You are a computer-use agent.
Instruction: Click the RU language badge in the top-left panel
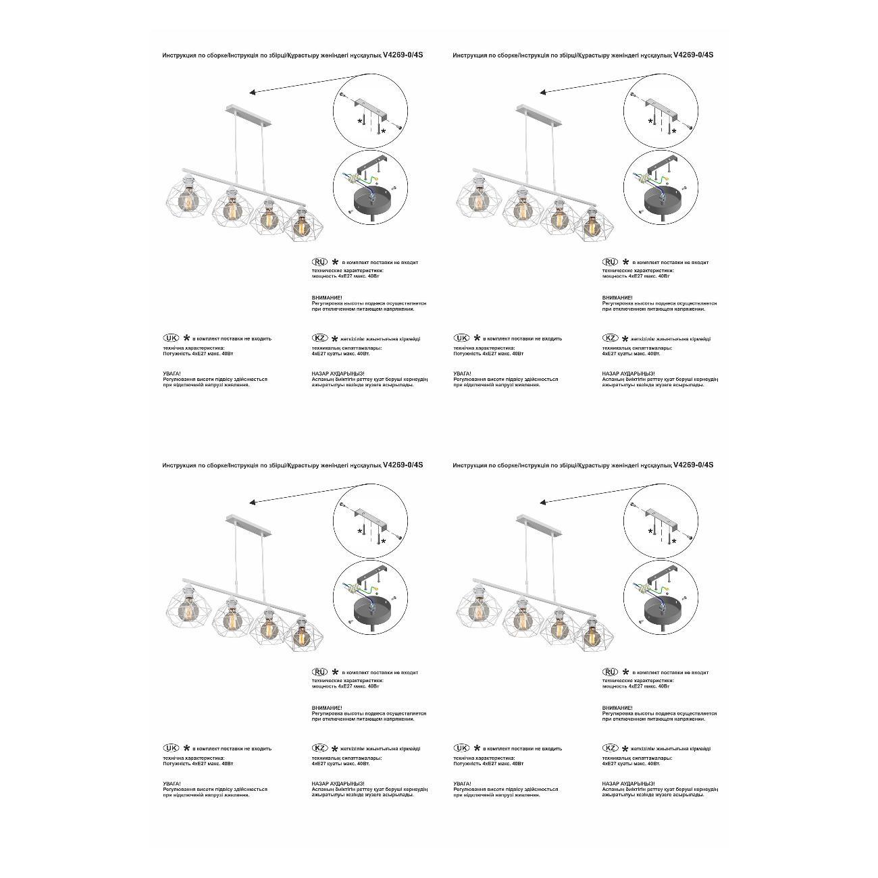coord(319,261)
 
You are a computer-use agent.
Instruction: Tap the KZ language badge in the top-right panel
coord(610,338)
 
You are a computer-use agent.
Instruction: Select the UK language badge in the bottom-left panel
coord(171,748)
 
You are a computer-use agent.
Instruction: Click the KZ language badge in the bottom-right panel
coord(610,748)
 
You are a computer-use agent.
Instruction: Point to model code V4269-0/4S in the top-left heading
coord(403,55)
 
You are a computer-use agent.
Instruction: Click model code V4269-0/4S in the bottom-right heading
coord(693,465)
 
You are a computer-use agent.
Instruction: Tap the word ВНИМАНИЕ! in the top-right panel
coord(617,297)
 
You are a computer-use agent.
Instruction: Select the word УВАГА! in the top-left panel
coord(172,373)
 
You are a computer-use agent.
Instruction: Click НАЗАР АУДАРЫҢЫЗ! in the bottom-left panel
coord(338,783)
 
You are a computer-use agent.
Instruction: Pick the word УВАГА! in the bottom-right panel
coord(462,783)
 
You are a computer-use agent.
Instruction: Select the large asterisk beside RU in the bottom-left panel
coord(335,672)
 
